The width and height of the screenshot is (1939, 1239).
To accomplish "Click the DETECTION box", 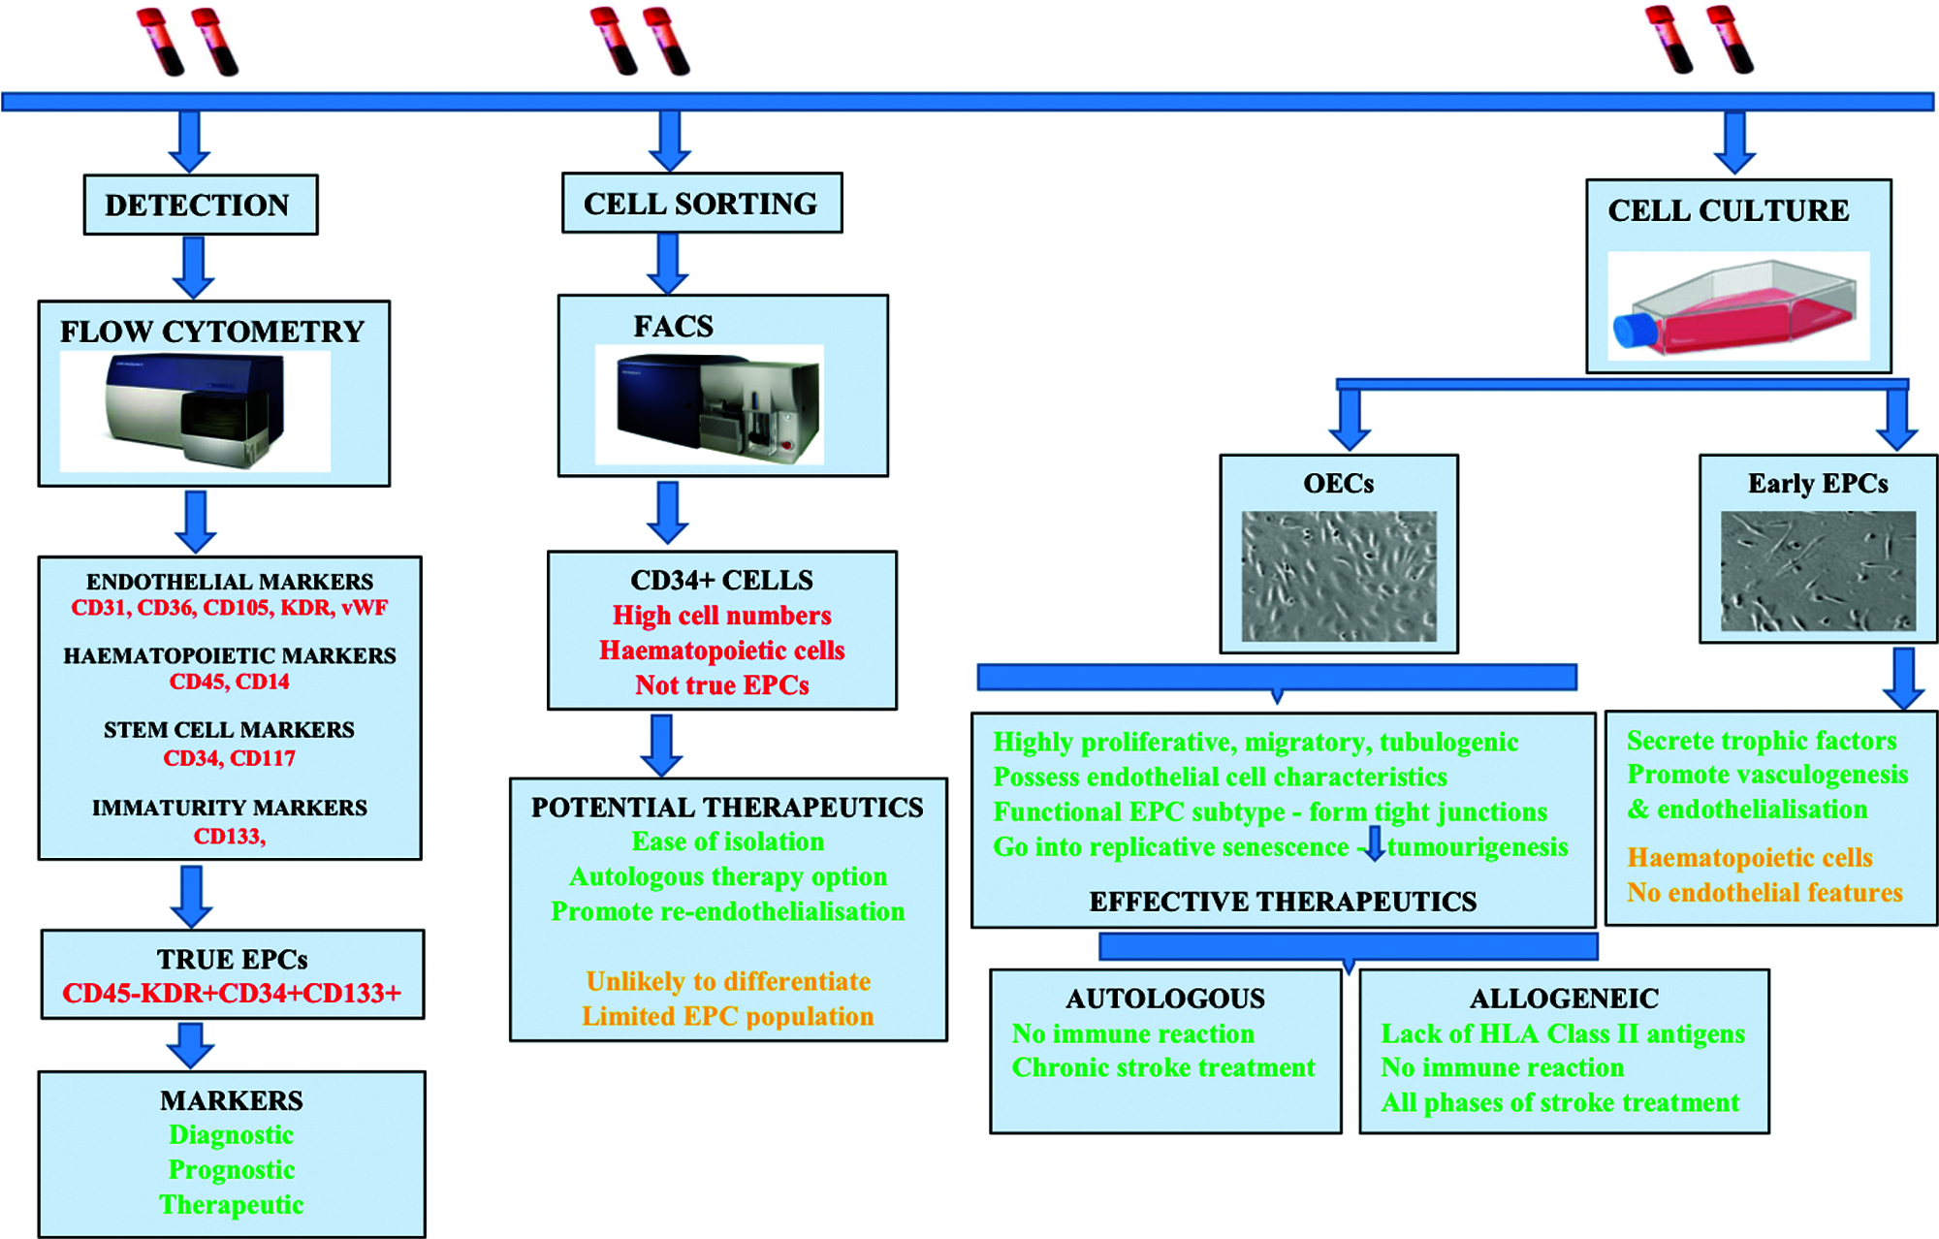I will point(200,205).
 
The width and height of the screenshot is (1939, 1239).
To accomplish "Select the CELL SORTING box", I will point(701,204).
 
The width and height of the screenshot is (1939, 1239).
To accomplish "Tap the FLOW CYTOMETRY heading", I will point(212,332).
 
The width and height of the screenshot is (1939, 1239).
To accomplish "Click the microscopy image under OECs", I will point(1339,576).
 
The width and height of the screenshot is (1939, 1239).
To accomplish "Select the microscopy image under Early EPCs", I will point(1818,572).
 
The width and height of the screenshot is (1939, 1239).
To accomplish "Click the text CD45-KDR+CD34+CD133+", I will point(232,994).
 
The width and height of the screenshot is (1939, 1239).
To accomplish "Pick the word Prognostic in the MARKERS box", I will point(232,1170).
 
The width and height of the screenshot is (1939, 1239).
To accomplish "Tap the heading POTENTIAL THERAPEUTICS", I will point(727,808).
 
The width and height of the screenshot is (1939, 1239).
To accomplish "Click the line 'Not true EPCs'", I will point(722,685).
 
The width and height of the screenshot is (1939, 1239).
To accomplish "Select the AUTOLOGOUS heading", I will point(1165,999).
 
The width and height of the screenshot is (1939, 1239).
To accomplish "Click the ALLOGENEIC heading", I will point(1564,999).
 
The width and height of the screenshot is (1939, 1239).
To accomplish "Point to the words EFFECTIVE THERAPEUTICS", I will point(1283,902).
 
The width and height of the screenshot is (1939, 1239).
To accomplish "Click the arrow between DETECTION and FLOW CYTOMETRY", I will point(194,268).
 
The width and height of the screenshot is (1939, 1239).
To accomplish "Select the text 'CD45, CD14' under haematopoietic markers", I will point(230,682).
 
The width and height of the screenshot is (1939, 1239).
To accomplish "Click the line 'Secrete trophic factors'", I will point(1762,741).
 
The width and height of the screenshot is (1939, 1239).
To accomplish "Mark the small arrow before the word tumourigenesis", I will point(1374,844).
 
